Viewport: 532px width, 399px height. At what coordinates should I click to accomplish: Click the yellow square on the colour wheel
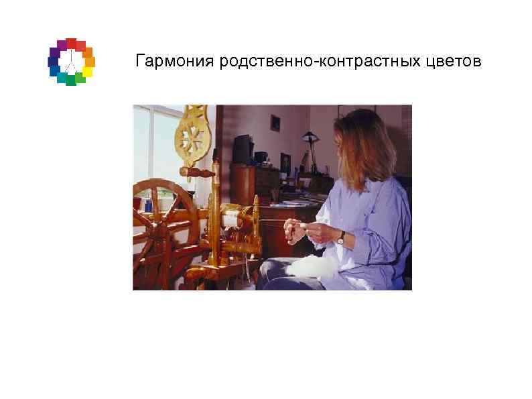[x=87, y=72]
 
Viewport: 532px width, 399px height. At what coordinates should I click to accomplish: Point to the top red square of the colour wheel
[x=71, y=43]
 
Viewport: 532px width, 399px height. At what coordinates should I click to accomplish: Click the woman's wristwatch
[x=341, y=237]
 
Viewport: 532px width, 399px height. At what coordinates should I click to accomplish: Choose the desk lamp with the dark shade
[x=309, y=139]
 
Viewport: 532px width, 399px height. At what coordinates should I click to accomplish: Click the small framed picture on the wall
[x=275, y=122]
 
